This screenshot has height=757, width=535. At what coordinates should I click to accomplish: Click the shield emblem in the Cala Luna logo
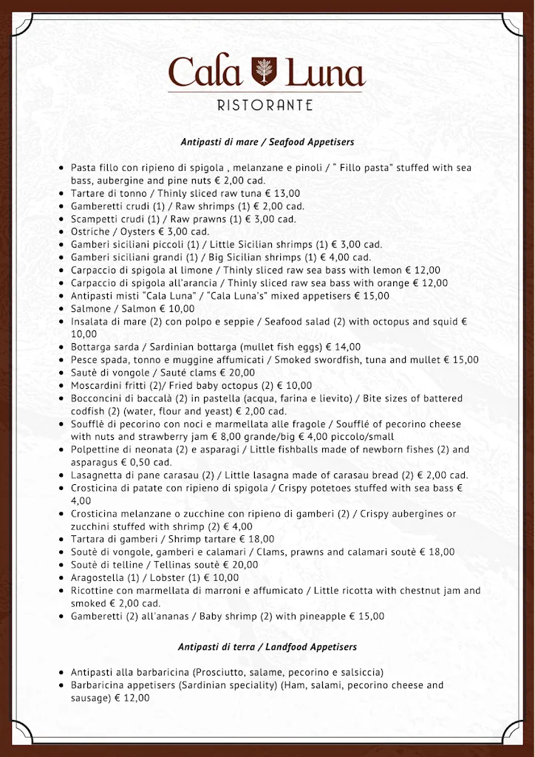[x=262, y=72]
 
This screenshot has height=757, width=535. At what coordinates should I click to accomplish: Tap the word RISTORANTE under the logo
[x=265, y=106]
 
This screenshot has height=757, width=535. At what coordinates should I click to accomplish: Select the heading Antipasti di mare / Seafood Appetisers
[x=267, y=141]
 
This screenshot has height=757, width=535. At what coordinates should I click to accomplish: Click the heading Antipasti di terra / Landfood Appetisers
[x=267, y=647]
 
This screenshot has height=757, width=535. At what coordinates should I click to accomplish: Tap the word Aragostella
[x=99, y=577]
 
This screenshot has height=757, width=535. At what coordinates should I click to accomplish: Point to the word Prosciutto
[x=222, y=672]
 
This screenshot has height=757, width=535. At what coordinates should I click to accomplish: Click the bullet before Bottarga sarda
[x=61, y=347]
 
